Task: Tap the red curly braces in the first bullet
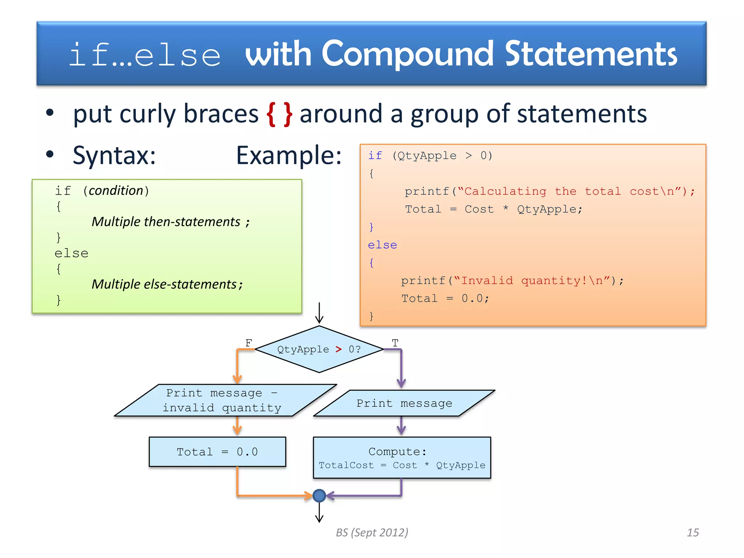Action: click(279, 114)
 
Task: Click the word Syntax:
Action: click(114, 156)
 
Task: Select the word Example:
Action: click(289, 156)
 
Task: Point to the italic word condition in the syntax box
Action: click(116, 191)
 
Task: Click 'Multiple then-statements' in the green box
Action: click(166, 222)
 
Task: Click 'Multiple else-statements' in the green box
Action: click(164, 284)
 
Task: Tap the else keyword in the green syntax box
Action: click(72, 253)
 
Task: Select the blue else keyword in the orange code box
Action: click(382, 245)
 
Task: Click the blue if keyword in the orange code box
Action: click(375, 156)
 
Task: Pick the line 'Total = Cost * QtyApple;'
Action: click(493, 209)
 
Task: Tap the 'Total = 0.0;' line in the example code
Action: click(445, 299)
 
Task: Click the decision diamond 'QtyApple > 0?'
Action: click(319, 349)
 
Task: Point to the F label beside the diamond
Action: click(248, 343)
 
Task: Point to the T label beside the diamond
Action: click(395, 343)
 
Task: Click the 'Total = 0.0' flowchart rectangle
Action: click(217, 452)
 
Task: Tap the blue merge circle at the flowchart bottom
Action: click(319, 496)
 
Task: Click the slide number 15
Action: click(692, 533)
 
